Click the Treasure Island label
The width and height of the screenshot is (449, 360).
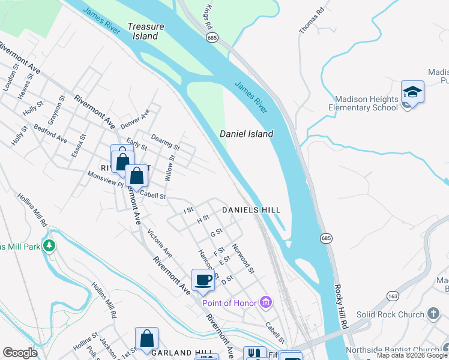(143, 31)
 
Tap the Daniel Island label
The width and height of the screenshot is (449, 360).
(246, 134)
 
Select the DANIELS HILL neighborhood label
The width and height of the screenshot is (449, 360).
(251, 210)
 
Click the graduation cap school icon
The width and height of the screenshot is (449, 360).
(412, 92)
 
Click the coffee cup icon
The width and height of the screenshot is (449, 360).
(203, 280)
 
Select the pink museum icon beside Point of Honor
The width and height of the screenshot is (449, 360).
(266, 302)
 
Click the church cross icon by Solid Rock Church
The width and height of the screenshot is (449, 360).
(433, 314)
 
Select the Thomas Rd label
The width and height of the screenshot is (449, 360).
(312, 20)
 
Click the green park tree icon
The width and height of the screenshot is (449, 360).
(50, 245)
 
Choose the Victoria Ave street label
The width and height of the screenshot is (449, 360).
(160, 244)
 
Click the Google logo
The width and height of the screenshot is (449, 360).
(20, 353)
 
